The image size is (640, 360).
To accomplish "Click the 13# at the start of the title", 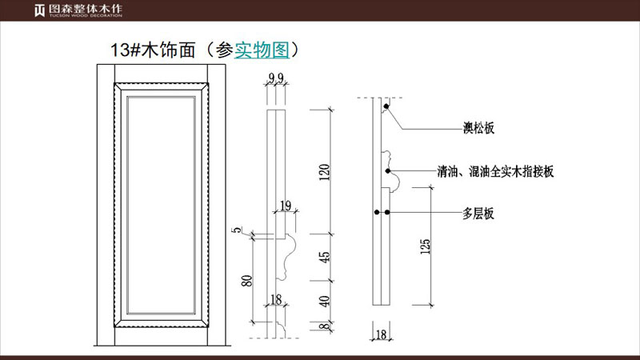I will [125, 50].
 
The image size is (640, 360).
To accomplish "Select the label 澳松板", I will [478, 127].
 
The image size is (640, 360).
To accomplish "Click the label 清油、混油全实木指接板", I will [496, 171].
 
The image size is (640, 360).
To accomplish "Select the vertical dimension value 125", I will [424, 249].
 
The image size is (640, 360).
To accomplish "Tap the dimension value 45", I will [324, 258].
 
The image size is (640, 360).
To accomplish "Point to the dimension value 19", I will [286, 206].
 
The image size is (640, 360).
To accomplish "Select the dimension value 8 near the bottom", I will [324, 327].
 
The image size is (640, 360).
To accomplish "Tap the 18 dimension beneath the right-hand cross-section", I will [381, 335].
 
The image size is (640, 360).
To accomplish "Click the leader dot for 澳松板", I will [386, 106].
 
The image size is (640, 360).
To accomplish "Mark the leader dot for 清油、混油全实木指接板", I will [388, 170].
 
